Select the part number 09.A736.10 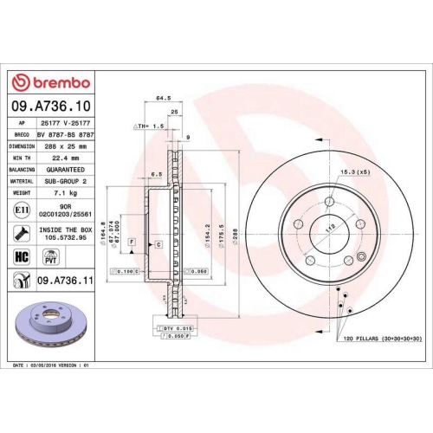pyautogui.click(x=54, y=106)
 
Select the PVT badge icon pyautogui.click(x=49, y=256)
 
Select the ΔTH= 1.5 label pyautogui.click(x=149, y=126)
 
